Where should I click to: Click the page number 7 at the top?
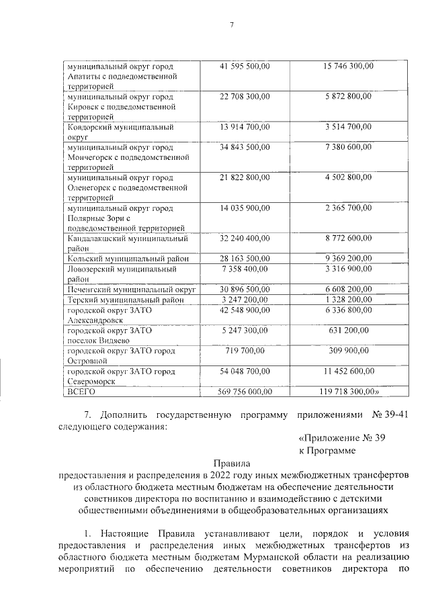pos(230,26)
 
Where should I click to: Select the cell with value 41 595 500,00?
pos(245,66)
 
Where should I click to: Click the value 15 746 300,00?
pos(348,66)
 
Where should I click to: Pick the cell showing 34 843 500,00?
pos(245,146)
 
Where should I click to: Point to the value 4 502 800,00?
pos(348,177)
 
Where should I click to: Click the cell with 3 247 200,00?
pos(245,299)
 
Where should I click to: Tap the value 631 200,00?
pos(348,330)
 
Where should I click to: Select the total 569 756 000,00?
pos(245,390)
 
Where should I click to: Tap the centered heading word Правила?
pos(230,463)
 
